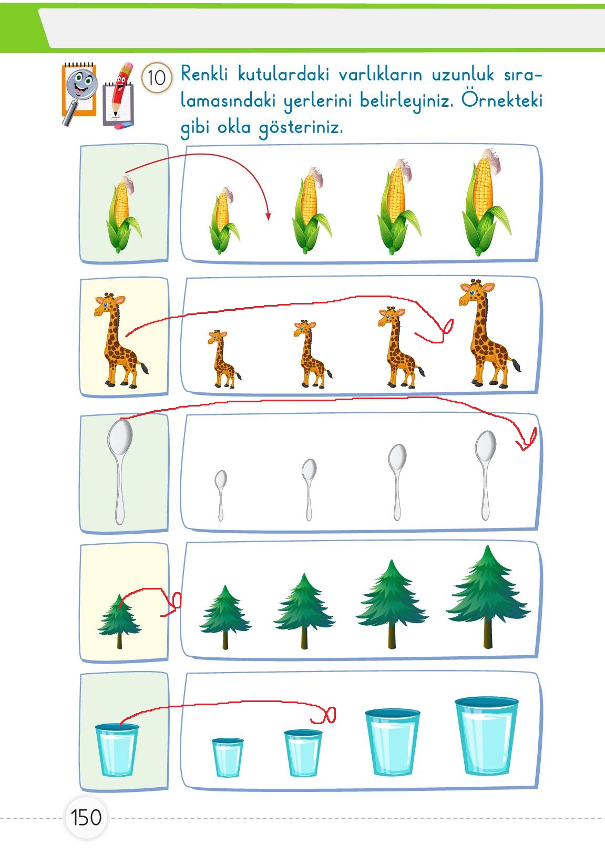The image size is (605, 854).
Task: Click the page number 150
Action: (x=86, y=817)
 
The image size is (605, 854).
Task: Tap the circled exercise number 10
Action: (x=157, y=78)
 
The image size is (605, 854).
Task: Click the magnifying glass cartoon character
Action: (x=79, y=94)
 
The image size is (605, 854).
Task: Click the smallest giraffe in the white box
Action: (x=223, y=359)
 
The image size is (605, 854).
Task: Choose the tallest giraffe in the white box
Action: (x=489, y=333)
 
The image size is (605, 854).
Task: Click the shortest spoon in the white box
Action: (x=221, y=495)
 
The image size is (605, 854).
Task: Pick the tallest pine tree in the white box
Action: (x=488, y=597)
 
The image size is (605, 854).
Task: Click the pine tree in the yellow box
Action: (x=119, y=621)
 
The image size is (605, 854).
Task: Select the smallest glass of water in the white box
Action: (x=228, y=757)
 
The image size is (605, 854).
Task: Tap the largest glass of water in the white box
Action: (x=486, y=736)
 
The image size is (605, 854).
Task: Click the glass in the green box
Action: (x=117, y=750)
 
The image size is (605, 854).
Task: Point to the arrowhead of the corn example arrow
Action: (x=268, y=216)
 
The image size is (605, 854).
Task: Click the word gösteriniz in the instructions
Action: (x=301, y=127)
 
